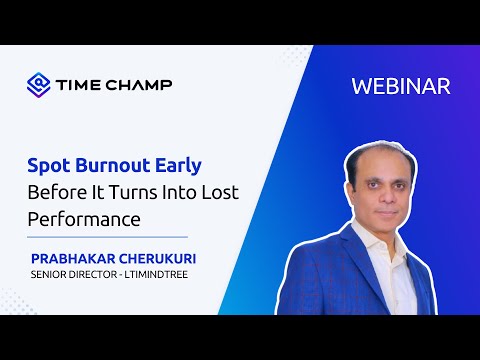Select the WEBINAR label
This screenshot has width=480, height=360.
point(401,86)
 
